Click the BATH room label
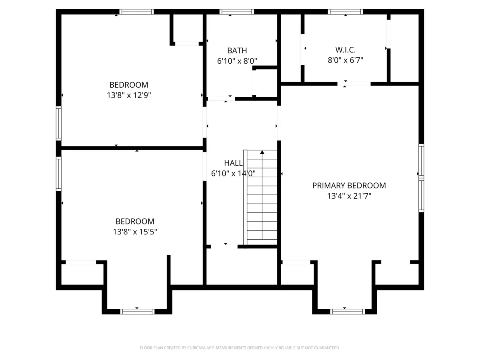237,50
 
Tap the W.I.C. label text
346,50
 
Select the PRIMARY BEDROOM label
349,186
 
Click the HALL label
233,163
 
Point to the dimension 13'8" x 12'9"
129,95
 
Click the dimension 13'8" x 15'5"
135,232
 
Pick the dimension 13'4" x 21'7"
349,196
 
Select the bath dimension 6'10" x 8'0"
237,61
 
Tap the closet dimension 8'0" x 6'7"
346,60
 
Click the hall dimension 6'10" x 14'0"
233,173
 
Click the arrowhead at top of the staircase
262,152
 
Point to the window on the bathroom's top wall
237,12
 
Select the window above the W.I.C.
346,12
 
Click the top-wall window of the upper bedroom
137,12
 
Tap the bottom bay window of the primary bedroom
348,312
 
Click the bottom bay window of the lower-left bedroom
137,312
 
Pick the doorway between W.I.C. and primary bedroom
354,84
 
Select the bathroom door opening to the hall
221,99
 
